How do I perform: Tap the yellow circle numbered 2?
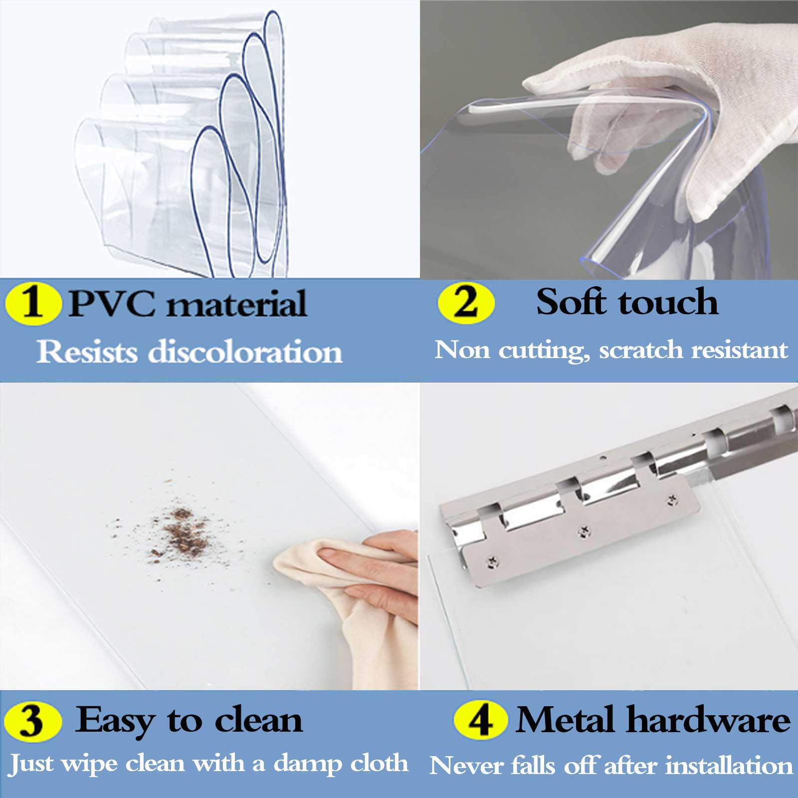click(466, 301)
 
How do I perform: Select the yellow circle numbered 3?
click(32, 721)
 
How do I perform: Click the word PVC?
click(112, 303)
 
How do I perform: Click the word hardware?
click(708, 720)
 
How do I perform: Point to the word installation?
click(729, 766)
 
